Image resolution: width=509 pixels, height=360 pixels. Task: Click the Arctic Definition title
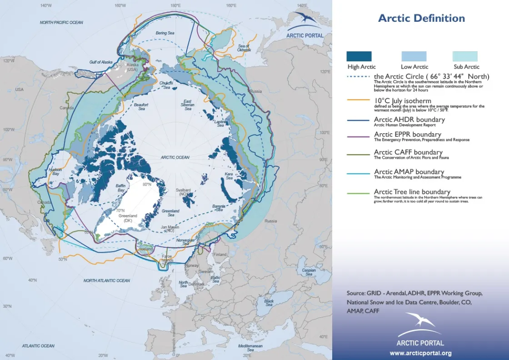pos(421,19)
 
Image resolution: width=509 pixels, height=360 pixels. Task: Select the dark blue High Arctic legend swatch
pos(359,56)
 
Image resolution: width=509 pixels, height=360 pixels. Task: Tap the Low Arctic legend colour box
pos(414,56)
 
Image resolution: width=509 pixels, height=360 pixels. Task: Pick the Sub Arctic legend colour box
pos(465,56)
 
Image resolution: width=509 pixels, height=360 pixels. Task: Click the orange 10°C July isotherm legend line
pos(358,100)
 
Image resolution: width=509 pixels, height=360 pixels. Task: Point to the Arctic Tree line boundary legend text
pos(412,192)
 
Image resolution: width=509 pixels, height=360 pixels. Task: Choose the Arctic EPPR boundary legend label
pos(407,135)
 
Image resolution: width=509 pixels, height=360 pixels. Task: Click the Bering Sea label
pos(165,33)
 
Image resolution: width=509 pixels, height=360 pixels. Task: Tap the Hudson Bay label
pos(55,171)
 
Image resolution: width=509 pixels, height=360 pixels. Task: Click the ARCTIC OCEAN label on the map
pos(175,157)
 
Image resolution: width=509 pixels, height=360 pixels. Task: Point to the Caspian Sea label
pos(309,272)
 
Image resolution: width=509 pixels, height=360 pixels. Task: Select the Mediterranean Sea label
pos(250,348)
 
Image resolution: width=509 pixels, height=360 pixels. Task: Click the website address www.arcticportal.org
pos(420,353)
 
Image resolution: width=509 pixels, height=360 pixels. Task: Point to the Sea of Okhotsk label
pos(244,48)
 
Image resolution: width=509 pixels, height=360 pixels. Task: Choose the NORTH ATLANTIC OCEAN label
pos(106,280)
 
